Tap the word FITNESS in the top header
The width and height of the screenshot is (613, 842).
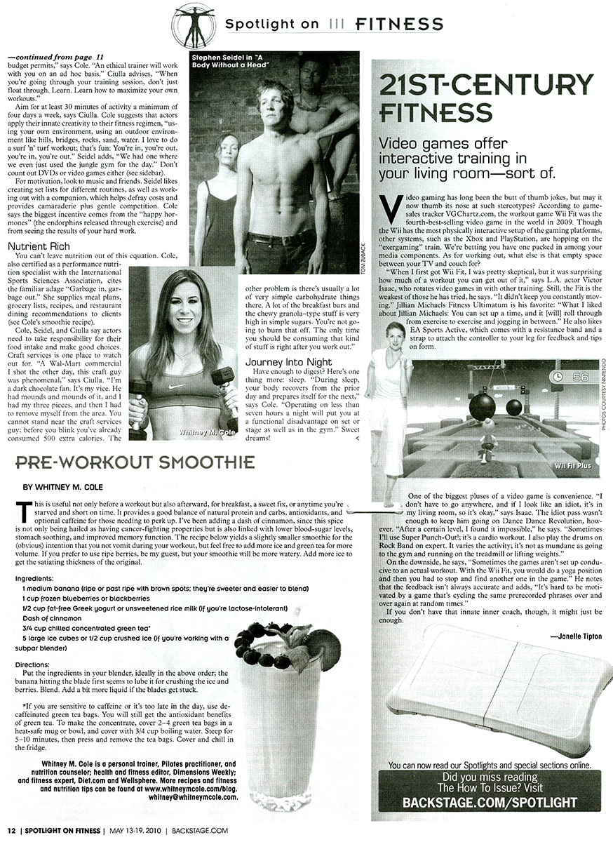[399, 25]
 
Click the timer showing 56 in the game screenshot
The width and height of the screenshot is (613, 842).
[568, 375]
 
